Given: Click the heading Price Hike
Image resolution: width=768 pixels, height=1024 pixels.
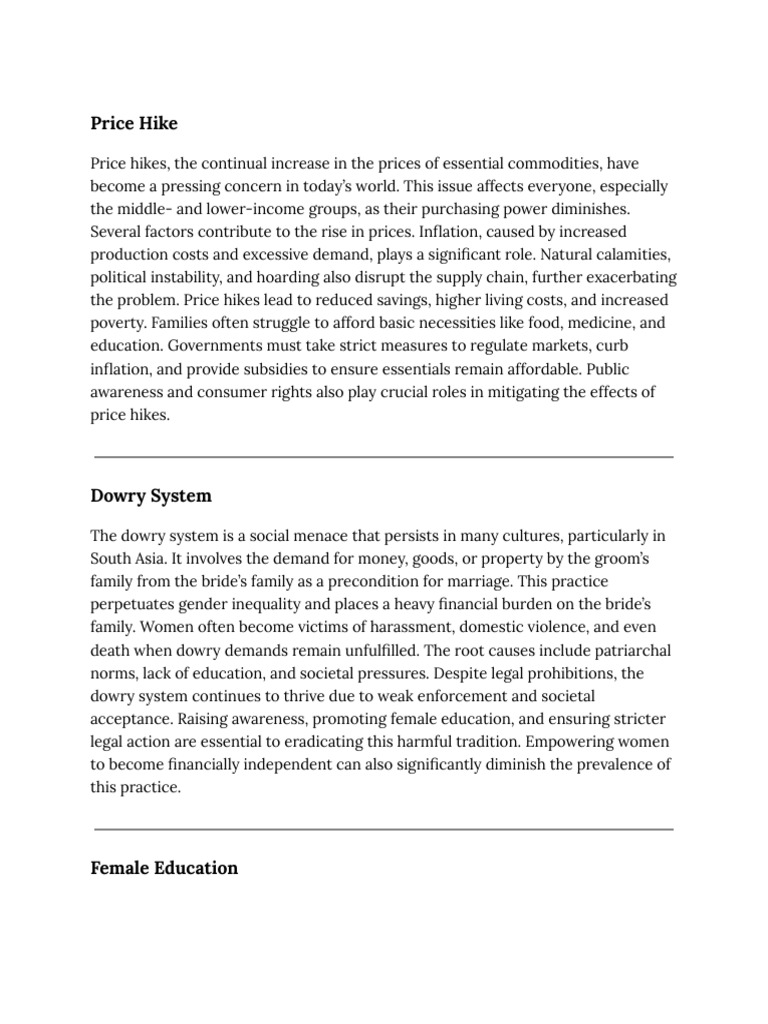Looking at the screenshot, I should coord(134,124).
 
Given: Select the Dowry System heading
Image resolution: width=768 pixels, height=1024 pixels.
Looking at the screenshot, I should coord(151,495).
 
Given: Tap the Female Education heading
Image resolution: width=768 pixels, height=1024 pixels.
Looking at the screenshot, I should coord(164,867).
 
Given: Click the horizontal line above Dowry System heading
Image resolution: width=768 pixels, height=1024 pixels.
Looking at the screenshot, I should coord(383,457).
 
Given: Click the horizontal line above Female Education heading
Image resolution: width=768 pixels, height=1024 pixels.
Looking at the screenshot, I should coord(383,829).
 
